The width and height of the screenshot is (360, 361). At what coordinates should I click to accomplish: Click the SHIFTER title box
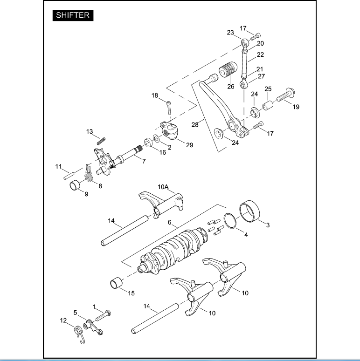73,15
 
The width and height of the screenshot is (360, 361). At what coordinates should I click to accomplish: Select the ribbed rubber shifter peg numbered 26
228,69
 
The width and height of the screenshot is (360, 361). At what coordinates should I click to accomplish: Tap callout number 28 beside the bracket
195,124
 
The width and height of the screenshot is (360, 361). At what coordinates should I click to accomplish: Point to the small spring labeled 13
101,141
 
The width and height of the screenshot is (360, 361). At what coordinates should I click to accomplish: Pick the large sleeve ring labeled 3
249,211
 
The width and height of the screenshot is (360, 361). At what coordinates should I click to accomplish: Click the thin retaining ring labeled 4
230,221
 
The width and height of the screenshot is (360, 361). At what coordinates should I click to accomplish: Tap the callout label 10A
163,187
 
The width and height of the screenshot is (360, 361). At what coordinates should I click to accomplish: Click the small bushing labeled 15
117,283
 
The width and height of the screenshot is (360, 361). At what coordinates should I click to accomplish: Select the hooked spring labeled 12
79,335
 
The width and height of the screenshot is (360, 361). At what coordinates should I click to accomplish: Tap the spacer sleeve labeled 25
268,105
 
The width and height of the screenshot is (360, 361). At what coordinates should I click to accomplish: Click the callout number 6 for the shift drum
170,222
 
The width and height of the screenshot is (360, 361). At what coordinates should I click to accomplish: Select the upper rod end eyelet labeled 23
245,43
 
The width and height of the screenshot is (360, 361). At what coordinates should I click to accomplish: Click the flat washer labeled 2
156,139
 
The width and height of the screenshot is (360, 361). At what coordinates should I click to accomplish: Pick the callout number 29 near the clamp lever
189,145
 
